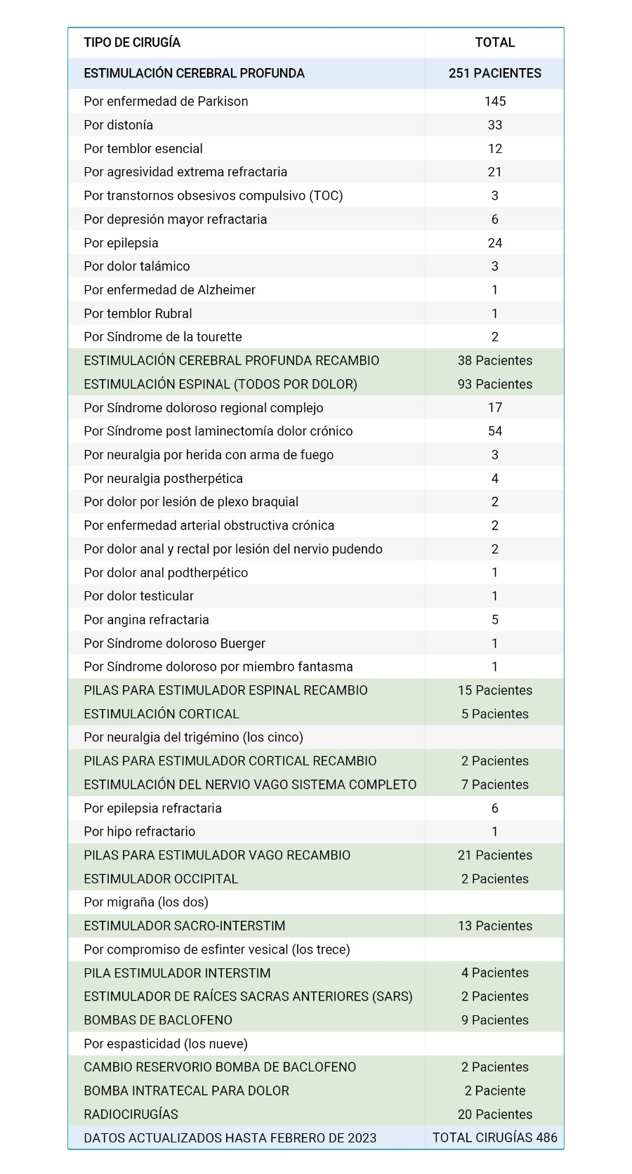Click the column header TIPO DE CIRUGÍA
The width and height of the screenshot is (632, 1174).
click(x=132, y=43)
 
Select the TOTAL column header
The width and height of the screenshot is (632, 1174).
click(x=494, y=43)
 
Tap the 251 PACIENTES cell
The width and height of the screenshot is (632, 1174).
click(x=494, y=74)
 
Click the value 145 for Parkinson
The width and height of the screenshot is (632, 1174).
click(x=494, y=101)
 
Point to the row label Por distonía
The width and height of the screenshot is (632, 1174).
click(x=118, y=125)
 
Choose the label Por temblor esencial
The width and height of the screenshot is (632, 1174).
click(x=143, y=149)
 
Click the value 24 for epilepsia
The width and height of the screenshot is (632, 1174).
click(x=494, y=243)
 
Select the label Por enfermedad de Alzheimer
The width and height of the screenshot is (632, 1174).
click(x=169, y=290)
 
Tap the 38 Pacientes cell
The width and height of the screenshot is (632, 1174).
click(x=494, y=361)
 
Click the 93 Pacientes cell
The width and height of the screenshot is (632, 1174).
click(x=494, y=384)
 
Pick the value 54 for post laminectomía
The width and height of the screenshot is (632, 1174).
click(x=494, y=431)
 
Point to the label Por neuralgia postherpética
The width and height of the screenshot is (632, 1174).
click(x=163, y=479)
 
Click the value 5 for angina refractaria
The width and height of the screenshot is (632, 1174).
click(x=494, y=620)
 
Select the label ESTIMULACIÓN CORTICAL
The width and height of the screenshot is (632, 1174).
click(x=161, y=714)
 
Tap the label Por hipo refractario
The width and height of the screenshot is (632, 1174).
click(x=139, y=832)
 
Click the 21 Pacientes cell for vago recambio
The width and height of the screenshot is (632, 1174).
click(x=494, y=855)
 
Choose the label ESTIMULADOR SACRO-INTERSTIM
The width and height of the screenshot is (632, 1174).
click(x=184, y=926)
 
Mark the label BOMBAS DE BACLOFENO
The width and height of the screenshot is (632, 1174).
click(x=157, y=1020)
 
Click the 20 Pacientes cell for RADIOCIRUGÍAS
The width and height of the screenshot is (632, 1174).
click(x=494, y=1114)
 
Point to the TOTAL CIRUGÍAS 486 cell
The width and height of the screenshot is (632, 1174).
click(x=494, y=1138)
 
